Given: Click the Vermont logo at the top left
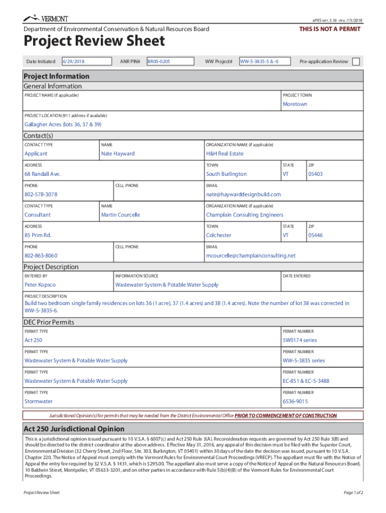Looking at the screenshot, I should click(45, 19).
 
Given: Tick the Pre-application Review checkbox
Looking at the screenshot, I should click(356, 62).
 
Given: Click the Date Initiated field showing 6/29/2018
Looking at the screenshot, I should click(86, 62).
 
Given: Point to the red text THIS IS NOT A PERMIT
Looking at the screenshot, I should click(330, 29).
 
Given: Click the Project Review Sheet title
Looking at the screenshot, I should click(94, 41).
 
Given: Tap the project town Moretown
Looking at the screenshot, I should click(295, 104).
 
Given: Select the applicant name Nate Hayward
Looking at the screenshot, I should click(118, 154).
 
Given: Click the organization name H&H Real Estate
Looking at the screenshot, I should click(225, 154).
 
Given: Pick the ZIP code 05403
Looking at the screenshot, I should click(315, 174).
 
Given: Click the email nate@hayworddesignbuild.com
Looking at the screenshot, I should click(243, 194).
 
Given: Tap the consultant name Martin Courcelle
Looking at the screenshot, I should click(120, 215).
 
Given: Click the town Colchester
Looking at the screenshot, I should click(219, 235).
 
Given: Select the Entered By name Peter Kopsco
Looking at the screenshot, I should click(40, 285).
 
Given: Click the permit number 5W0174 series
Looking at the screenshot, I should click(300, 340).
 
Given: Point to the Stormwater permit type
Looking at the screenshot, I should click(39, 401).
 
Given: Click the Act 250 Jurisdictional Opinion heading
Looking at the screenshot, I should click(74, 429).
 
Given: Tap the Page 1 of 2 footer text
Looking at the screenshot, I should click(353, 492).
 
